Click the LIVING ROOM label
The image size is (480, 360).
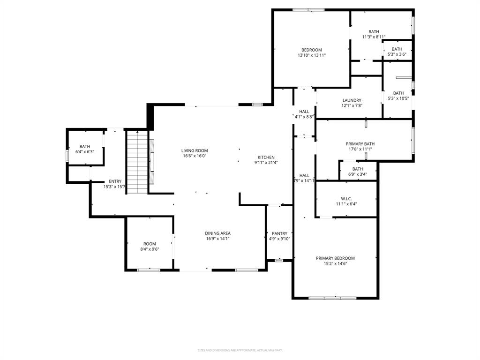click(x=195, y=150)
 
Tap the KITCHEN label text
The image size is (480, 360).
click(x=266, y=157)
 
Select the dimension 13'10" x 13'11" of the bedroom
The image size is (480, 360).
click(x=311, y=55)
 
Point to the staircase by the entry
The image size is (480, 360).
click(x=137, y=162)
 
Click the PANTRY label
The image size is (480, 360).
click(x=279, y=233)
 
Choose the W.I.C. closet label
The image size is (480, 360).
click(x=347, y=198)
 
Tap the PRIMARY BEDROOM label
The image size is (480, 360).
click(x=335, y=258)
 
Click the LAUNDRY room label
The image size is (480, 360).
click(x=352, y=100)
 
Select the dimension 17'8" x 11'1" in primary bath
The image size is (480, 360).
click(x=360, y=150)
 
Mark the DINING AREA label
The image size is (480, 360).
click(x=217, y=233)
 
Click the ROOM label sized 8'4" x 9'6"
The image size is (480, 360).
click(x=150, y=244)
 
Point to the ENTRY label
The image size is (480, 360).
click(x=115, y=181)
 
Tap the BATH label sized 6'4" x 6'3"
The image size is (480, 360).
click(x=84, y=146)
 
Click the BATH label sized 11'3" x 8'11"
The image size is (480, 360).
click(x=374, y=31)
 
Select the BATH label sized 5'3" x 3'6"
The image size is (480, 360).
click(x=397, y=49)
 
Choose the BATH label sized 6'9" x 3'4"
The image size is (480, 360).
click(x=358, y=169)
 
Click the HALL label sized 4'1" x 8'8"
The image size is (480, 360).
click(x=304, y=111)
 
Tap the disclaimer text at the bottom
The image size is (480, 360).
click(x=240, y=350)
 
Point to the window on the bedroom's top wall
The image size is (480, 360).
click(x=308, y=10)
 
